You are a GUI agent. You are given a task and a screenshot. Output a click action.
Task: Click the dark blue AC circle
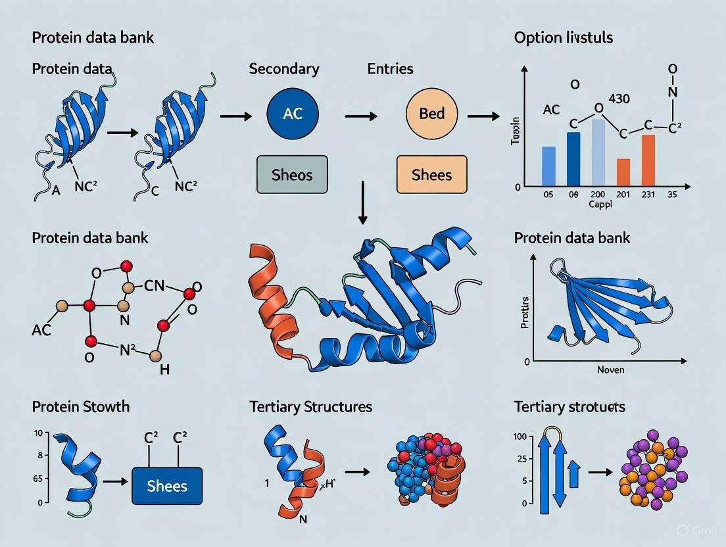coord(293,114)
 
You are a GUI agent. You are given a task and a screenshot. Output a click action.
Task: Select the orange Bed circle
coord(432,114)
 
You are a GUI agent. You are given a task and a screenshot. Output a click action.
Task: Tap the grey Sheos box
coord(292,174)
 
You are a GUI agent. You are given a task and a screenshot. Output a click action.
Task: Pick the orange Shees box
coord(431,174)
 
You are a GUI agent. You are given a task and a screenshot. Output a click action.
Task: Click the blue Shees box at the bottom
coord(167,487)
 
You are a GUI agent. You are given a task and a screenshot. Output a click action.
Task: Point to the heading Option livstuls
coord(563,37)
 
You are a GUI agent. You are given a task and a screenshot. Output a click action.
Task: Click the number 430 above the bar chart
coord(619,99)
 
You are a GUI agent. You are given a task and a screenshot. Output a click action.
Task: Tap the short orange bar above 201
coord(623,172)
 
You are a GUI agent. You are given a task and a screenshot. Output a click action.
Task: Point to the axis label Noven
coord(611,370)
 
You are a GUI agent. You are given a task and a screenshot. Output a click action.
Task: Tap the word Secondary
coord(284,68)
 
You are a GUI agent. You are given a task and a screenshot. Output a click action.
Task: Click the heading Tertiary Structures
coord(310,406)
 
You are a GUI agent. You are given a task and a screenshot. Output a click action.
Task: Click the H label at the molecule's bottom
coord(164,369)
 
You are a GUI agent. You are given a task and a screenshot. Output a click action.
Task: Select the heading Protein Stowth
coord(80,406)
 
